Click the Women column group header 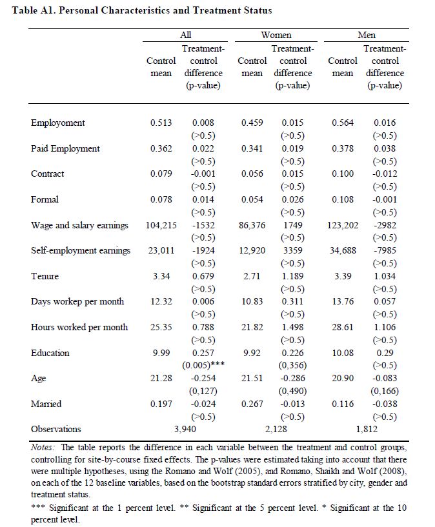tap(276, 35)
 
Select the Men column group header tap(366, 35)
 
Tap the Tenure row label tap(45, 276)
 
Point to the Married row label tap(46, 404)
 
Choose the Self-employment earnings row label tap(81, 250)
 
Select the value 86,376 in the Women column tap(252, 225)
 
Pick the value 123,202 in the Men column tap(343, 225)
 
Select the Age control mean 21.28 tap(161, 378)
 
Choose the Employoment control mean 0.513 tap(161, 123)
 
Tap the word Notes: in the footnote tap(44, 447)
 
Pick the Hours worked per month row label tap(79, 327)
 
